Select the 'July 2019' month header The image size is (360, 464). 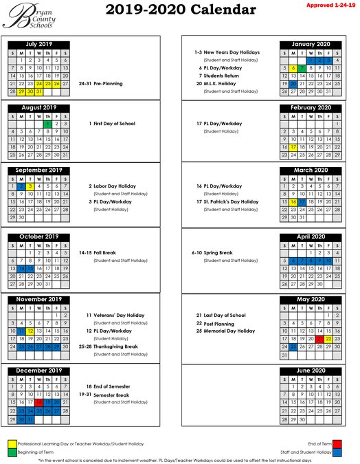38,43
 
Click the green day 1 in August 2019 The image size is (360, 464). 47,124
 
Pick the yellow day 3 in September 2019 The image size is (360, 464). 30,186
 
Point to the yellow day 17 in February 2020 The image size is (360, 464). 293,147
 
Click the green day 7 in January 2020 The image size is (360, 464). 302,69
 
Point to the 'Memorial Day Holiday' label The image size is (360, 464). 225,331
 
